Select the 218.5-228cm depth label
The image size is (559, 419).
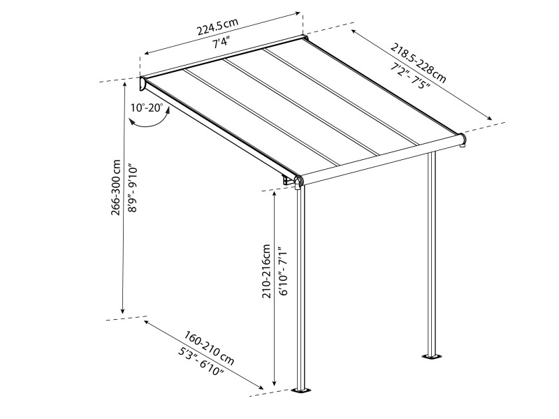(x=417, y=61)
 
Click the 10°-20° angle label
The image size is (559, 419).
(x=146, y=108)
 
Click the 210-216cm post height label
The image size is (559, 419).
(x=266, y=271)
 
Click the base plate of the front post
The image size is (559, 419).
(x=303, y=389)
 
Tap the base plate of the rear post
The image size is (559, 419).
(x=432, y=358)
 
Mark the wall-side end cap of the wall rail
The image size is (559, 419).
(x=142, y=84)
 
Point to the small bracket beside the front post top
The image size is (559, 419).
(x=287, y=181)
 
